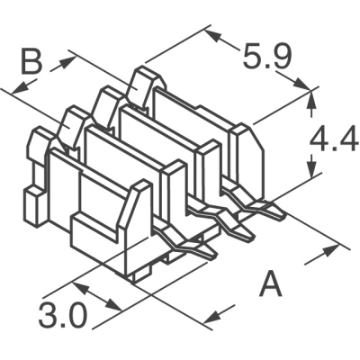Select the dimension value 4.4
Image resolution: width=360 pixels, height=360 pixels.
coord(334,139)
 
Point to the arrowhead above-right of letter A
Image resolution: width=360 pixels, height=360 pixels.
coord(330,250)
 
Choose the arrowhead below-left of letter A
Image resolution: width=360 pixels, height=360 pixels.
coord(213,317)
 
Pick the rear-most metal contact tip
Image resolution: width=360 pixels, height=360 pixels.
coord(276,212)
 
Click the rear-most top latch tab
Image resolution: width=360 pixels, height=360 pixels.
coord(146,87)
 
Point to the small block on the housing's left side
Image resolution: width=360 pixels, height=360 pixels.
coord(35,206)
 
